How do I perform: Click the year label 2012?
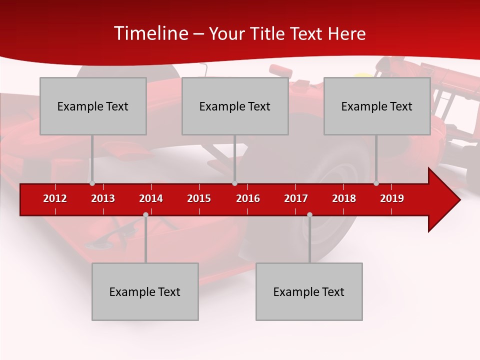(x=55, y=198)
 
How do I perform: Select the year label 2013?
(x=103, y=198)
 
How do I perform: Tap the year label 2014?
(x=151, y=198)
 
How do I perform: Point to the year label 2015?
(x=199, y=198)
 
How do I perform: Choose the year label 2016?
(x=248, y=198)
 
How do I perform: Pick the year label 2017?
(x=296, y=198)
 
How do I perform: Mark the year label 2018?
(x=344, y=198)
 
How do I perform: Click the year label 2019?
(x=392, y=198)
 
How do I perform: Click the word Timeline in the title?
(x=150, y=33)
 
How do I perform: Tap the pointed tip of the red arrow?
(x=459, y=200)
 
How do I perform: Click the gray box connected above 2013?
(x=93, y=106)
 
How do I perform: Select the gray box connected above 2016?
(x=235, y=106)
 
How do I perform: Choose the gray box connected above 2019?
(x=377, y=106)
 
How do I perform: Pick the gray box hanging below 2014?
(x=145, y=291)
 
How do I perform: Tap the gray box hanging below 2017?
(x=309, y=291)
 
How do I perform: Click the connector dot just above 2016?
(x=234, y=183)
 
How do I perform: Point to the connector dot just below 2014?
(x=145, y=214)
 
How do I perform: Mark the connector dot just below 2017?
(x=309, y=214)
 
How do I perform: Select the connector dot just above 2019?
(x=376, y=183)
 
